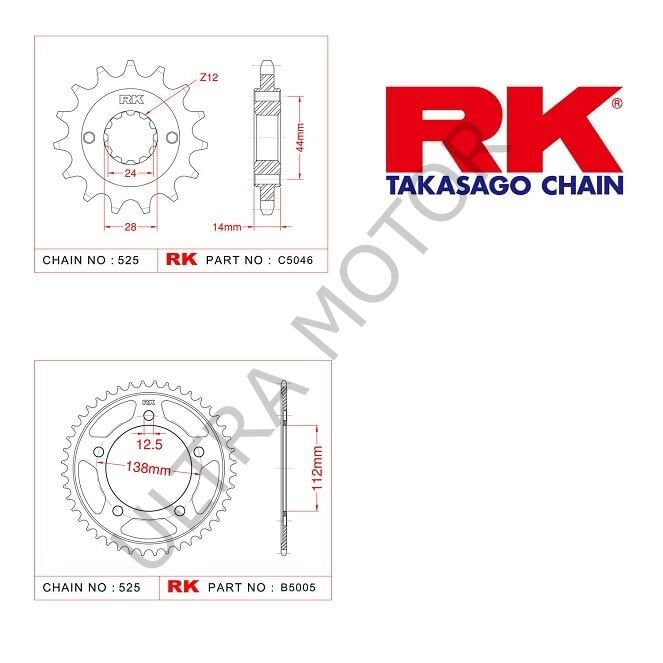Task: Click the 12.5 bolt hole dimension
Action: [x=149, y=443]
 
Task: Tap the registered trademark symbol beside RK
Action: [x=616, y=103]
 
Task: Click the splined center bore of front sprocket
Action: [x=130, y=145]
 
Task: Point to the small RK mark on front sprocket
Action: [x=130, y=99]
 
